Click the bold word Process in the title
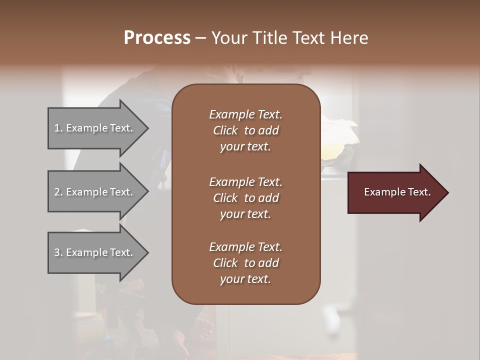tap(157, 37)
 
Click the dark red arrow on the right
tap(395, 192)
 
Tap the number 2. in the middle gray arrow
tap(58, 192)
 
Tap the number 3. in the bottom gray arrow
tap(58, 252)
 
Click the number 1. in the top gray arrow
tap(58, 128)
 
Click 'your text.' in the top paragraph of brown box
tap(245, 147)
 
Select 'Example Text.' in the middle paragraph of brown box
tap(245, 182)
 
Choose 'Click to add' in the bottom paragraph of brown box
tap(245, 263)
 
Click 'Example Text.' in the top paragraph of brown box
tap(245, 114)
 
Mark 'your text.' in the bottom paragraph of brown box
tap(245, 279)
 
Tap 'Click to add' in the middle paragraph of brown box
tap(245, 198)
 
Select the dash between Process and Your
tap(200, 38)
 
